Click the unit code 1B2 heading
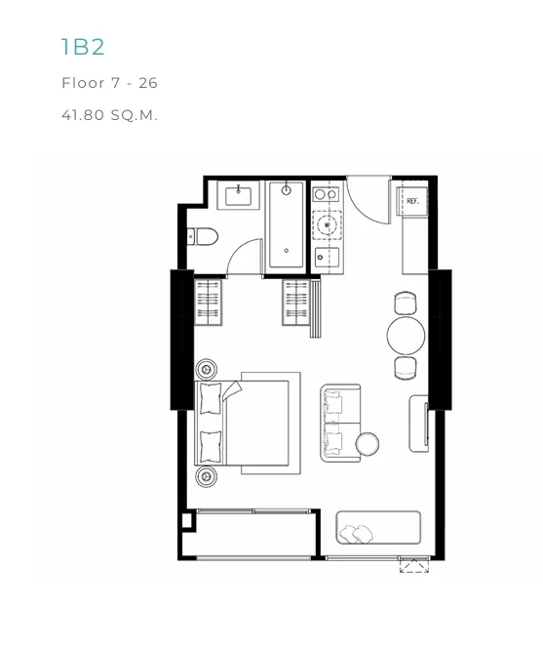click(83, 47)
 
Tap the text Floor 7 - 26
click(109, 83)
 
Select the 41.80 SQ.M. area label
click(109, 114)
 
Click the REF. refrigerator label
click(412, 201)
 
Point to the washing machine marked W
click(328, 225)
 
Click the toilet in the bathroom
click(203, 236)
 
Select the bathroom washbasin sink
click(238, 196)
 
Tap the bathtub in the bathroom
click(286, 225)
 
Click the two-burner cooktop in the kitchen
click(326, 193)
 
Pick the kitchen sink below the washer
click(327, 258)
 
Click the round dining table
click(407, 336)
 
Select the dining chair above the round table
click(406, 303)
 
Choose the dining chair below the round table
click(406, 368)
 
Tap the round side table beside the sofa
click(368, 444)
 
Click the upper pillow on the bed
click(211, 398)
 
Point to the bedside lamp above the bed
click(207, 369)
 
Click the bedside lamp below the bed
click(207, 476)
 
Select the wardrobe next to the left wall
click(208, 303)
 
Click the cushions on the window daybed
click(356, 534)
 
